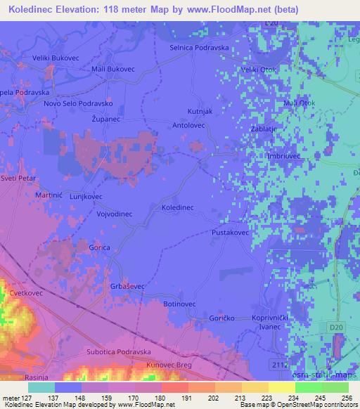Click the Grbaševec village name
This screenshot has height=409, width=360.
click(x=127, y=286)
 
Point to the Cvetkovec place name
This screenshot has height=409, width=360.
click(x=27, y=294)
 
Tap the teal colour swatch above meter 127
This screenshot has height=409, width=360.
click(x=41, y=387)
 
